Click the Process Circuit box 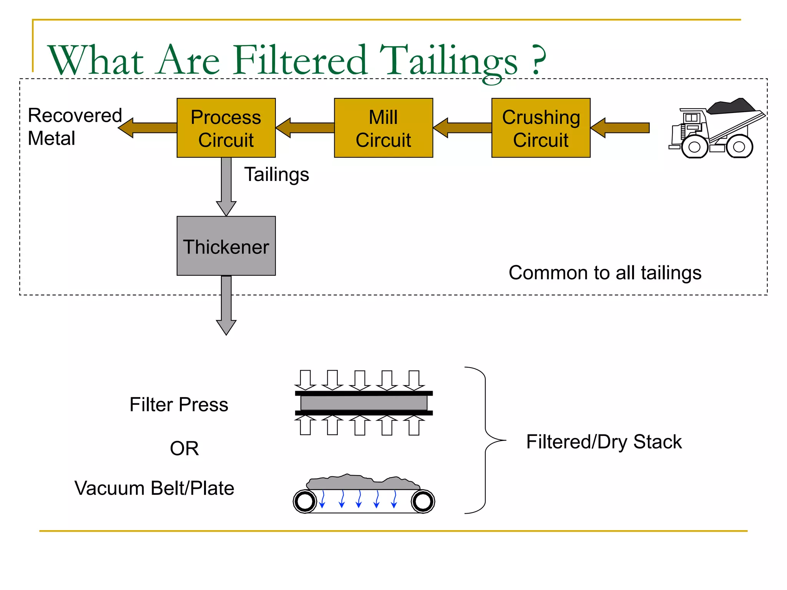tap(226, 128)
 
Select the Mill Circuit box tap(383, 128)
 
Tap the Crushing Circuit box tap(541, 128)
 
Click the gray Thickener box tap(226, 246)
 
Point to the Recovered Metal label tap(75, 127)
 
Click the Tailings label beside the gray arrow tap(276, 174)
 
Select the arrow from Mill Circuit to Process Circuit tap(305, 128)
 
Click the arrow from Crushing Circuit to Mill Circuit tap(462, 128)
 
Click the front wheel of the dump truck tap(694, 147)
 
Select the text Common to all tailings tap(605, 273)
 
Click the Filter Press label tap(179, 404)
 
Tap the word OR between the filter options tap(184, 448)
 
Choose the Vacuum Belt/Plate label tap(154, 488)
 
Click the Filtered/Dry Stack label tap(604, 442)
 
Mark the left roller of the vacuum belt tap(305, 501)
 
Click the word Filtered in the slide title tap(300, 60)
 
